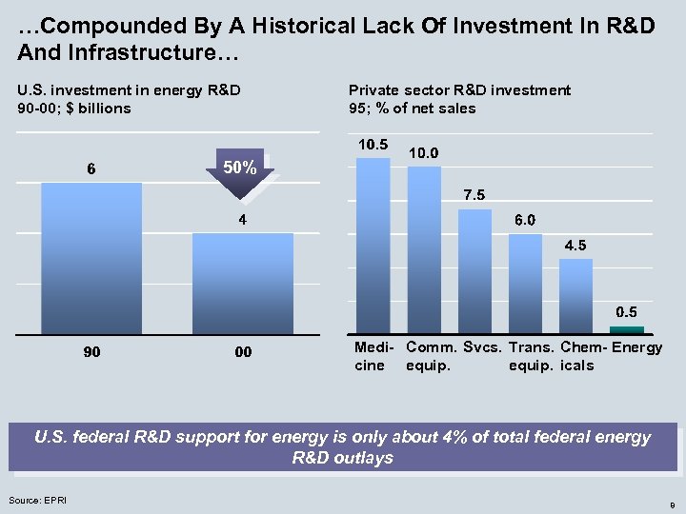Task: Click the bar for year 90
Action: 91,258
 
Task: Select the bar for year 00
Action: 243,283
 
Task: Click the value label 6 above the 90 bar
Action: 91,169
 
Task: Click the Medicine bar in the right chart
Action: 373,245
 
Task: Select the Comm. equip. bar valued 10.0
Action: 424,248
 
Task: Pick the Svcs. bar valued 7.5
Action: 474,270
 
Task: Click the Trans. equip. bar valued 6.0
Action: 525,283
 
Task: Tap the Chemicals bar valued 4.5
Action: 575,295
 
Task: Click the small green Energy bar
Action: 626,329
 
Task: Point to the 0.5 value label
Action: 627,311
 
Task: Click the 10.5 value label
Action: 373,145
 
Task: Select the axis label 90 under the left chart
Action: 91,352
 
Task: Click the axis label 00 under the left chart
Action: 243,352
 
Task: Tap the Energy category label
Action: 636,347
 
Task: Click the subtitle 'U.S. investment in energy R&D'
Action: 129,90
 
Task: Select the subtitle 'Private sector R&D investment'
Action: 460,90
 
